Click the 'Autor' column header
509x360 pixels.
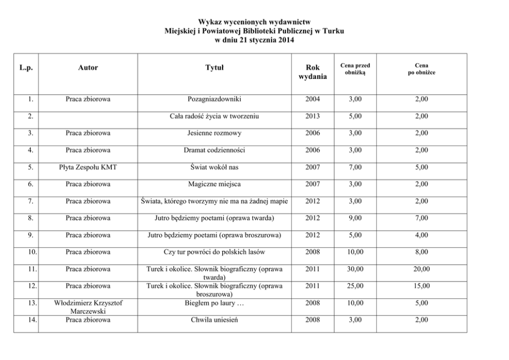tap(88, 68)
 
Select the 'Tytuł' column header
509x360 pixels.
tap(214, 68)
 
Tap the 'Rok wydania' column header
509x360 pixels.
tap(312, 72)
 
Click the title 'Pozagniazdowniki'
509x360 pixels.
tap(214, 99)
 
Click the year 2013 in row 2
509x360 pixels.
tap(312, 116)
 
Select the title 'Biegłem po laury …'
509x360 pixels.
tap(214, 303)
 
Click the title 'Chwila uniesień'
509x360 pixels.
tap(214, 321)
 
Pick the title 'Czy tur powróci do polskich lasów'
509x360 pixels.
tap(214, 252)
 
